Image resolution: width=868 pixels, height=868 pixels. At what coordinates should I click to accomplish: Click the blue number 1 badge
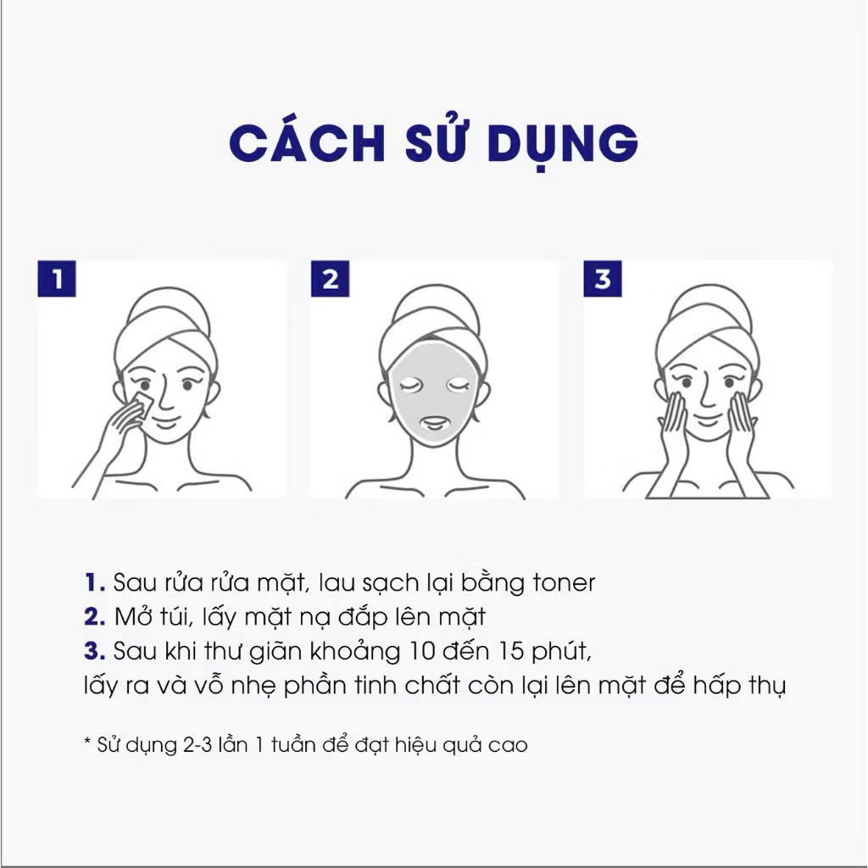pos(57,280)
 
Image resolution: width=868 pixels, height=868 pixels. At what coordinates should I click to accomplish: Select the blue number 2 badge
pos(330,280)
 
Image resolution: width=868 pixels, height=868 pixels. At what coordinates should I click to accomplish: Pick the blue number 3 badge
pos(602,280)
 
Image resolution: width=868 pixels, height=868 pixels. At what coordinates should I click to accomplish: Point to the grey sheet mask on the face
pos(433,398)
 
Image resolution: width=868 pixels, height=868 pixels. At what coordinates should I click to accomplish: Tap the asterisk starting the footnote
pos(86,744)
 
